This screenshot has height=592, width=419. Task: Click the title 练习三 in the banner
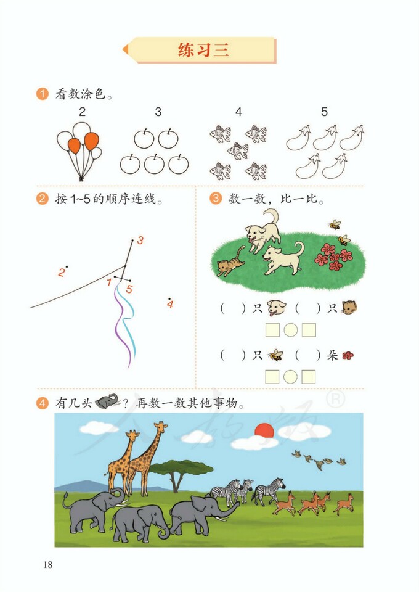(203, 50)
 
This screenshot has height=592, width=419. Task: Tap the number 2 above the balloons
(82, 112)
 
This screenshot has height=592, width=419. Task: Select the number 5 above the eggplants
(324, 112)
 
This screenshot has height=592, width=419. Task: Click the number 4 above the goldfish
(238, 112)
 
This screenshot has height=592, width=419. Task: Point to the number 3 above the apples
(158, 112)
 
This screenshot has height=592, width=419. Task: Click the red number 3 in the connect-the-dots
(140, 240)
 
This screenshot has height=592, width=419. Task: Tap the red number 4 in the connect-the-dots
(170, 304)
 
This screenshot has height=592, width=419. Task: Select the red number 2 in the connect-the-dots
(61, 272)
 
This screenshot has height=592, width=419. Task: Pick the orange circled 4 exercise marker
(43, 404)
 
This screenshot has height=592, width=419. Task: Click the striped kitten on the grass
(230, 263)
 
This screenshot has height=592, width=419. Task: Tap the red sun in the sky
(264, 430)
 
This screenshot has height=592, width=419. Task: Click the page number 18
(48, 564)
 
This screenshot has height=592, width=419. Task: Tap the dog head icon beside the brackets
(276, 307)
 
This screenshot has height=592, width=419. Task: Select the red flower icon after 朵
(348, 355)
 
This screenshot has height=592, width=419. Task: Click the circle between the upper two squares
(291, 331)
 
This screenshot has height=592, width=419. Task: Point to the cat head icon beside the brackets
(349, 307)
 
